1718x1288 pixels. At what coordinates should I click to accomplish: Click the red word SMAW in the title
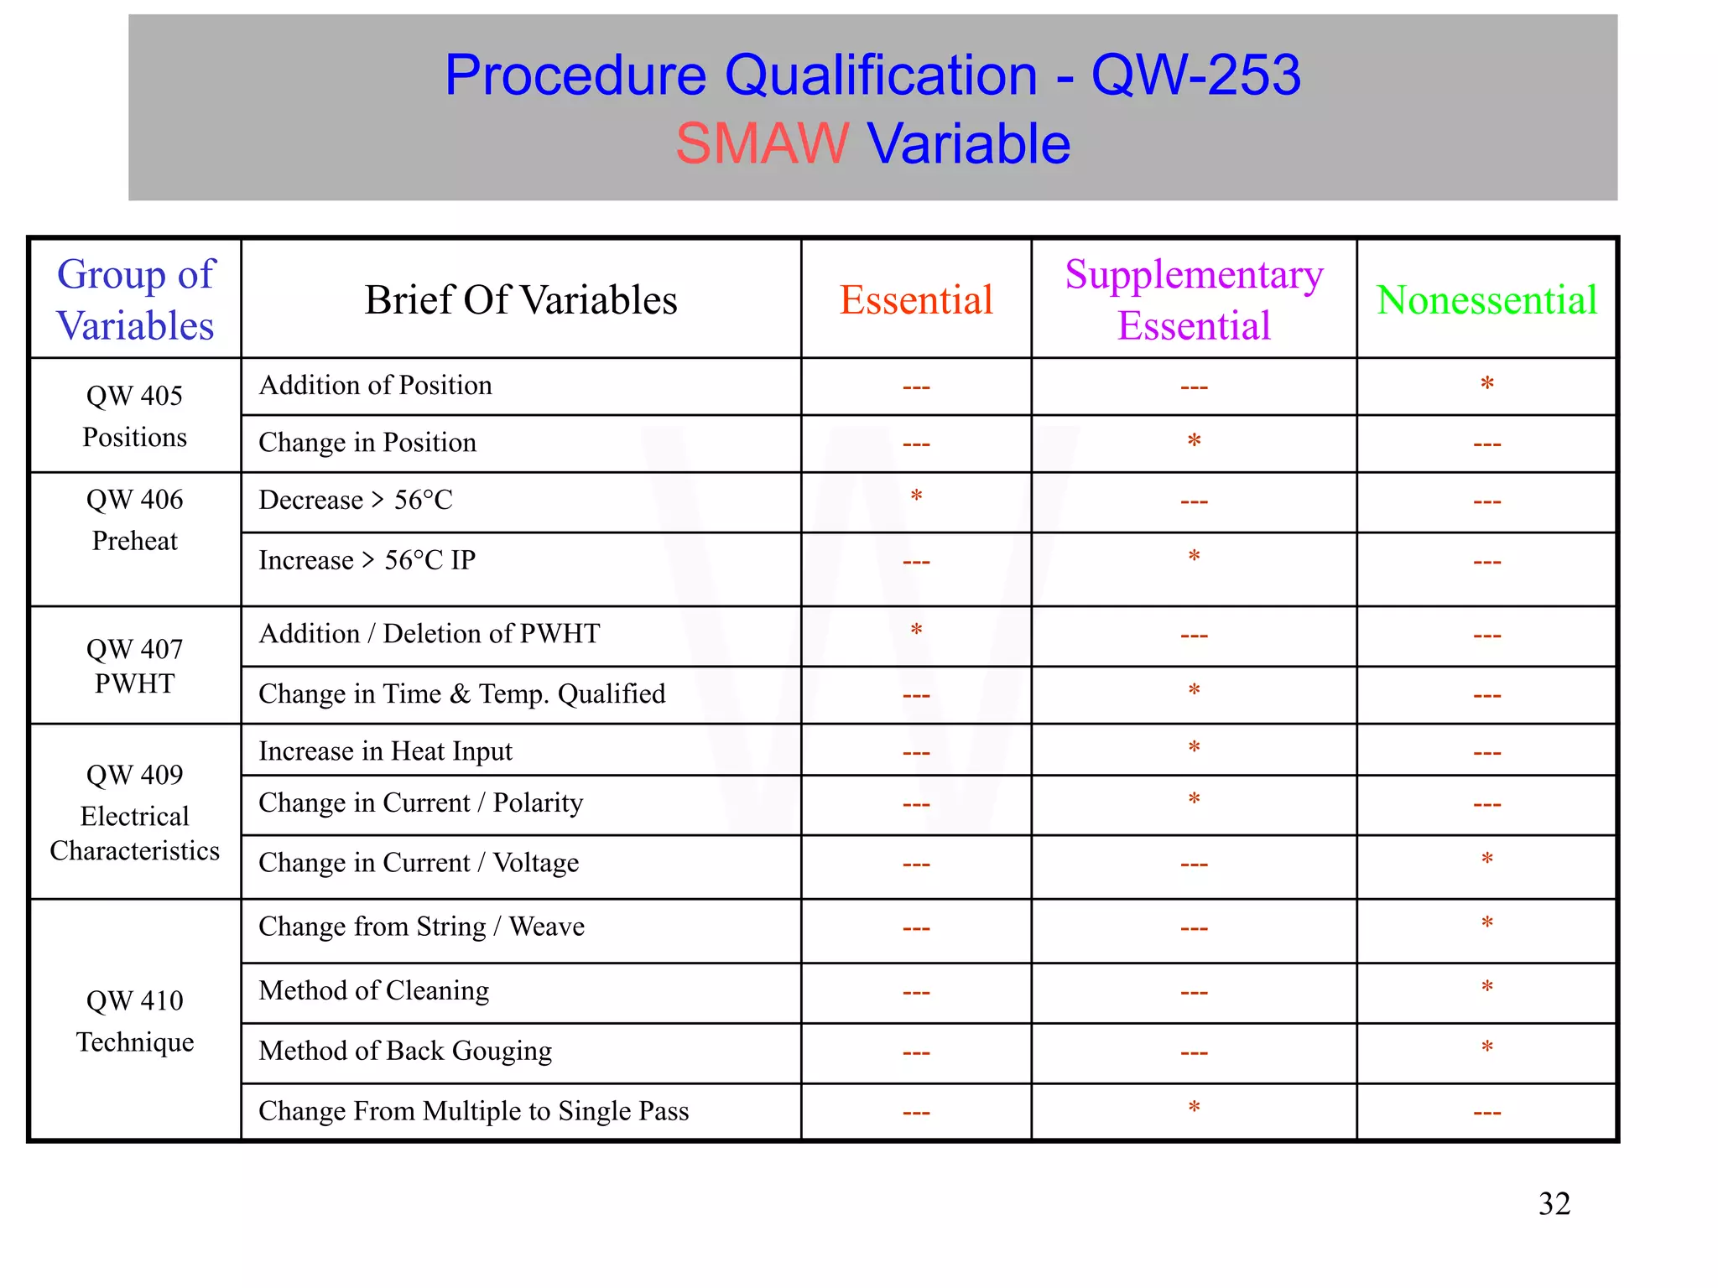tap(762, 143)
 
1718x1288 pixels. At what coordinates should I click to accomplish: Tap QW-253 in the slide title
tap(1195, 75)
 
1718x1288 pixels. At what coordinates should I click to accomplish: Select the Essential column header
tap(916, 300)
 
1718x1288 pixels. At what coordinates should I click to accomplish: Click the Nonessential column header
tap(1486, 300)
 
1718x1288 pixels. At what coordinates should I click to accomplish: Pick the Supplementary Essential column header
tap(1194, 300)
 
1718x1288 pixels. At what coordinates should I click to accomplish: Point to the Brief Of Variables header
tap(521, 300)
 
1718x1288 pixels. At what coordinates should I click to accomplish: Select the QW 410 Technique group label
tap(134, 1021)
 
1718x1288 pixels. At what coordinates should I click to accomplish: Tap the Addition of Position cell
tap(375, 386)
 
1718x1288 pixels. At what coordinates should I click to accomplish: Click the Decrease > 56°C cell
tap(356, 500)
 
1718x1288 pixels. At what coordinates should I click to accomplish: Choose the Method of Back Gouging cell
tap(405, 1051)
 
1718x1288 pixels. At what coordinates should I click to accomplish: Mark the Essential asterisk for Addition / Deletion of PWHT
tap(916, 631)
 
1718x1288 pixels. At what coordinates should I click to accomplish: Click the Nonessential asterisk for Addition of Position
tap(1486, 384)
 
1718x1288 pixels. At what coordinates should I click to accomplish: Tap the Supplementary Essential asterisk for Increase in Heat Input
tap(1194, 747)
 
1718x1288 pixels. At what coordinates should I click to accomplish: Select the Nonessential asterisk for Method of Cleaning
tap(1486, 987)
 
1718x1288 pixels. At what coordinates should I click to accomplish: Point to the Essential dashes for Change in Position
tap(916, 444)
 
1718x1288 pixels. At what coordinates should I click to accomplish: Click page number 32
tap(1554, 1204)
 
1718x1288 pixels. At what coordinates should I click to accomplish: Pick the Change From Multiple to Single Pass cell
tap(474, 1111)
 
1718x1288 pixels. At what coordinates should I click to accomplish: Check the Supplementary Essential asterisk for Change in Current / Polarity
tap(1194, 799)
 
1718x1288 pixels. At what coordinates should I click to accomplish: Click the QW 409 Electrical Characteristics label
tap(134, 813)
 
